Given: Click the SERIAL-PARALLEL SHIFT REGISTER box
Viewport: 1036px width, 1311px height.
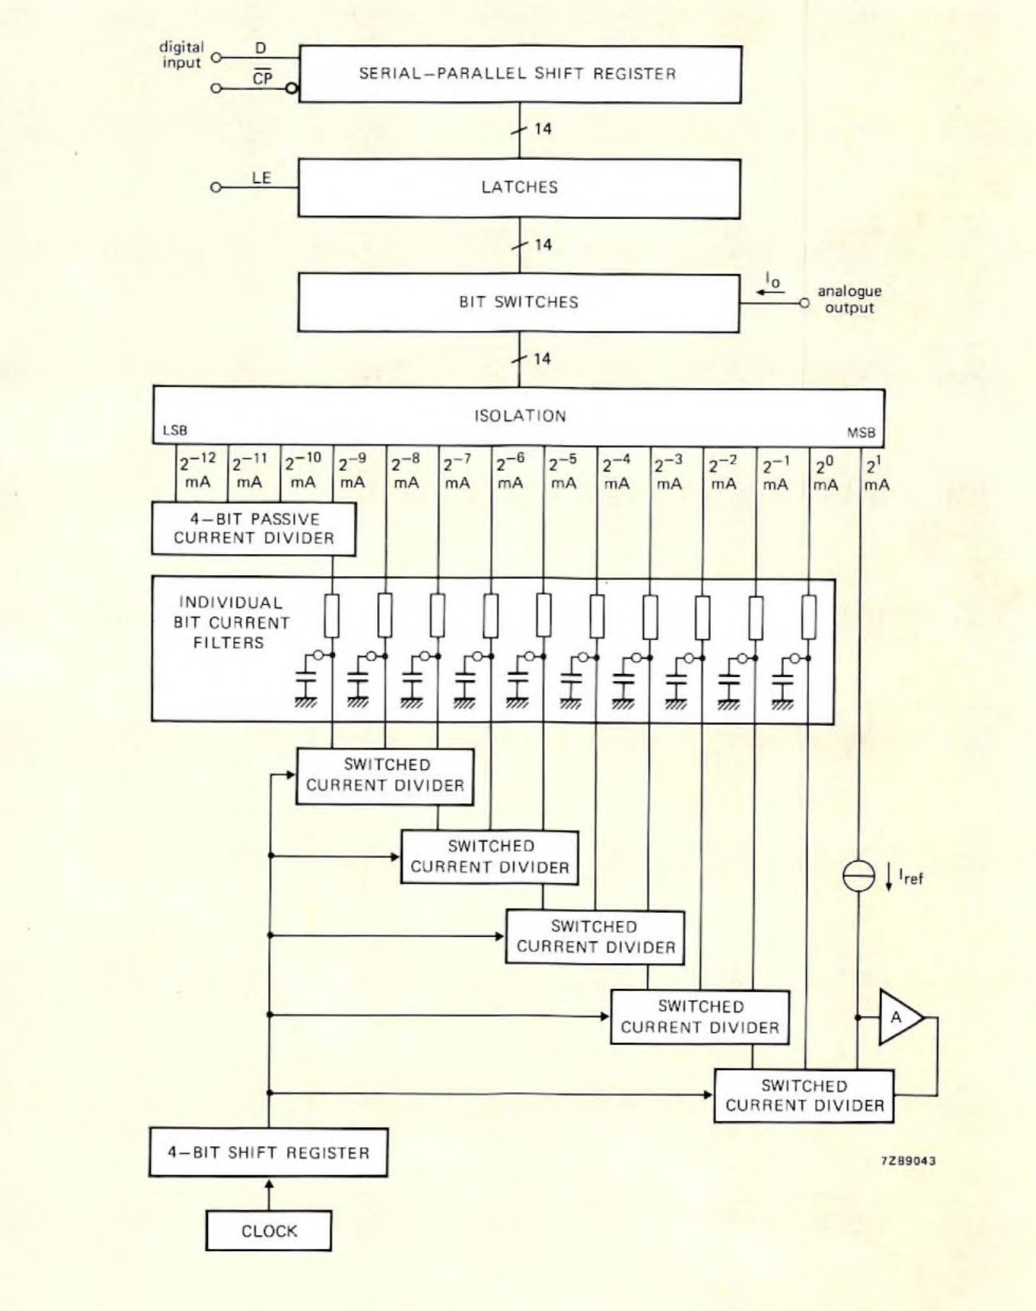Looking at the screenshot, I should (x=519, y=74).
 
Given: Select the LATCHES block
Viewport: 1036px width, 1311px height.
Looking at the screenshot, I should (x=519, y=188).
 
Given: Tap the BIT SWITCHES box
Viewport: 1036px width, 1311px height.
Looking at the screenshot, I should (x=519, y=302).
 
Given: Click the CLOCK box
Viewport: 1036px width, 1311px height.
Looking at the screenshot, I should (x=269, y=1231).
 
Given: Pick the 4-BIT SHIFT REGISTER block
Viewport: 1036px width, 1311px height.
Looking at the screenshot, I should (x=268, y=1153).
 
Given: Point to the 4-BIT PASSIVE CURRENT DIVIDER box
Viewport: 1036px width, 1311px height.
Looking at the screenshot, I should (x=254, y=529).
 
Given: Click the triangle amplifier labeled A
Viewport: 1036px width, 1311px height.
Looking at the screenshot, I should (x=898, y=1018).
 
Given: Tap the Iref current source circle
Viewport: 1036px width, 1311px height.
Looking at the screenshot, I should (x=859, y=876).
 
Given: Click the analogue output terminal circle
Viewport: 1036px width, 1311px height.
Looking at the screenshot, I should (x=804, y=303).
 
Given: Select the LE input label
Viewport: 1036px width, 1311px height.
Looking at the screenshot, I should (x=262, y=178).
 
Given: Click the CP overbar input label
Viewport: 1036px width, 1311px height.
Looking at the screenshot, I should (x=262, y=78).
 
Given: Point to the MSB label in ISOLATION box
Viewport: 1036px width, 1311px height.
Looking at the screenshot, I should (x=860, y=433).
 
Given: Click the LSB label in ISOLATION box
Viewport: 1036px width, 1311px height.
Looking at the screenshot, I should (x=175, y=430).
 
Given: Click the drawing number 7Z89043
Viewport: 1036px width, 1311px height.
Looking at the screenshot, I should (x=908, y=1161).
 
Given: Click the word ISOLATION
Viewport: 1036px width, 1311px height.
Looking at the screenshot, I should (x=519, y=416).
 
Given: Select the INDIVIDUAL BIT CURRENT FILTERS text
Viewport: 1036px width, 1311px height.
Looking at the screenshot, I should (x=231, y=623).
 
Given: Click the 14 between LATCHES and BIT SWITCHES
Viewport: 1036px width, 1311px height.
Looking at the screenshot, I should (x=543, y=245).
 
